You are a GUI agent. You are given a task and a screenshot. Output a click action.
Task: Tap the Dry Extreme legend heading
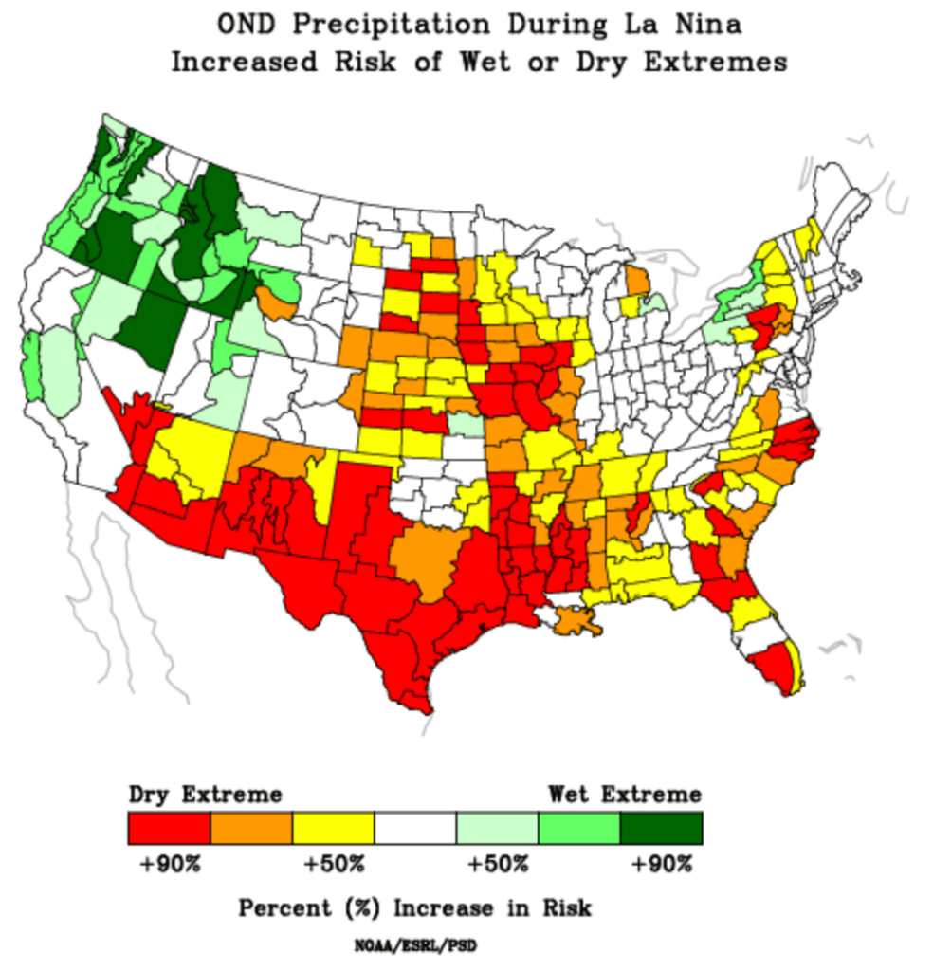coord(205,794)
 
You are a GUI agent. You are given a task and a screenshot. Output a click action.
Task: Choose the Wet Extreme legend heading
coord(625,794)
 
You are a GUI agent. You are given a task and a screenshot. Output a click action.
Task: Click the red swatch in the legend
coord(169,828)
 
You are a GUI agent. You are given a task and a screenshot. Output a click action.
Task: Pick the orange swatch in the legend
coord(251,828)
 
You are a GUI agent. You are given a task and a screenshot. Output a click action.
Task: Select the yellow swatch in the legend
coord(333,828)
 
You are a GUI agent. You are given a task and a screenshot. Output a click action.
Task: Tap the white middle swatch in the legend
coord(415,828)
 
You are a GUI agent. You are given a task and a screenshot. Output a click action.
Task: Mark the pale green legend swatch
coord(497,828)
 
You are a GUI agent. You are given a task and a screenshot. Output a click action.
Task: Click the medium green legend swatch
coord(578,828)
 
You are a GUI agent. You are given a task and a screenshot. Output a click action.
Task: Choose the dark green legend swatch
coord(661,828)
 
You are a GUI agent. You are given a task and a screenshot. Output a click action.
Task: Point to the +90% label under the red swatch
coord(169,865)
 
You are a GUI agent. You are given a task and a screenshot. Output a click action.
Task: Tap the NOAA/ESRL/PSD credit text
coord(414,944)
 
